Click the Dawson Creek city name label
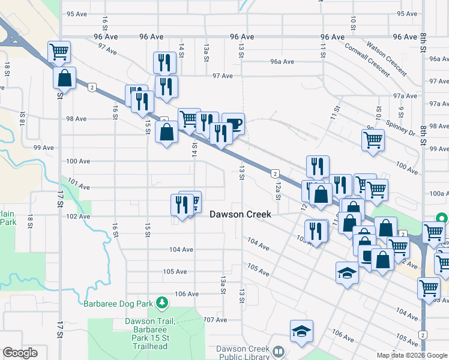pyautogui.click(x=240, y=214)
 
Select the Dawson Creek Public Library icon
pyautogui.click(x=278, y=352)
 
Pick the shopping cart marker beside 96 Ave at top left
pyautogui.click(x=59, y=52)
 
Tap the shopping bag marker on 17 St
pyautogui.click(x=64, y=78)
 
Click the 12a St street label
pyautogui.click(x=277, y=190)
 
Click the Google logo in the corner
pyautogui.click(x=20, y=353)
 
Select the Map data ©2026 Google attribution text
pyautogui.click(x=412, y=355)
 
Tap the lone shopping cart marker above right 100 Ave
pyautogui.click(x=373, y=140)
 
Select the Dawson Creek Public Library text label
pyautogui.click(x=240, y=353)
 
